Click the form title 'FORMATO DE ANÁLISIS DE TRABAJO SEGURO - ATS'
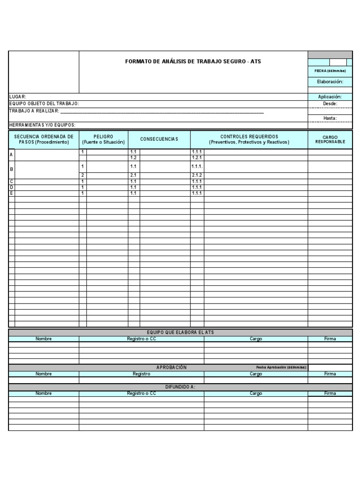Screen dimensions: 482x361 click(193, 62)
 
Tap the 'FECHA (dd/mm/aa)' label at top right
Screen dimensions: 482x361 click(330, 71)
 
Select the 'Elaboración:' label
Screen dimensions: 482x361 click(330, 82)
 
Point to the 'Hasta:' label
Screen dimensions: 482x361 click(330, 118)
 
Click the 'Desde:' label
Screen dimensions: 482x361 click(330, 104)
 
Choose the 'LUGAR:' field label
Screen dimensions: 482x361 click(18, 96)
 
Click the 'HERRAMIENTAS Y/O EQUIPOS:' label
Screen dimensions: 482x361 click(42, 125)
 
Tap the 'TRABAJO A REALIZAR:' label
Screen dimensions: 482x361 click(34, 111)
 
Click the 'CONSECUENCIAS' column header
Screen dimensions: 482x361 click(159, 139)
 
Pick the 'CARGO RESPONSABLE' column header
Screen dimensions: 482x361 click(330, 139)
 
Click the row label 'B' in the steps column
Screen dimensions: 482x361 click(12, 169)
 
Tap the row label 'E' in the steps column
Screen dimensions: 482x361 click(12, 193)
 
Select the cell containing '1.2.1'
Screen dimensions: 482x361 click(196, 158)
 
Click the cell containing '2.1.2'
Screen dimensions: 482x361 click(196, 175)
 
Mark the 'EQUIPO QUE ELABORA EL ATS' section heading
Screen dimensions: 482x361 click(180, 332)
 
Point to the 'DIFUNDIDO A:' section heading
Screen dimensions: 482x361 click(180, 386)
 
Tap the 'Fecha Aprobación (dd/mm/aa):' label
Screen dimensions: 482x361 click(282, 367)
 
